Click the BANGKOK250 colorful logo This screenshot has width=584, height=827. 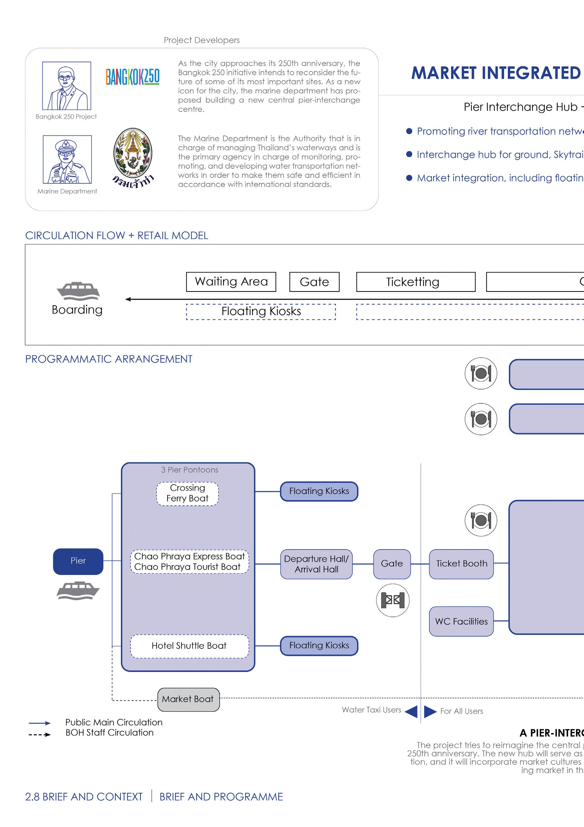point(133,77)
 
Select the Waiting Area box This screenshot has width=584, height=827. point(231,282)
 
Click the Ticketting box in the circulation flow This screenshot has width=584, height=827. point(416,282)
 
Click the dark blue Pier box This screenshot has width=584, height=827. point(78,561)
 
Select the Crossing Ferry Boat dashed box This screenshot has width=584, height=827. point(188,494)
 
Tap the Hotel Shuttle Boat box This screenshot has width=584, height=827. point(189,646)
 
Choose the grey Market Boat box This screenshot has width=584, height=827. point(188,699)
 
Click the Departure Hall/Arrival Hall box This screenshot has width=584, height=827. point(316,564)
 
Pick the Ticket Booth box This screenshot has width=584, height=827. point(461,564)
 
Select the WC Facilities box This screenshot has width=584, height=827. point(461,621)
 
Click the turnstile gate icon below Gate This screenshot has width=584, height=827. point(392,600)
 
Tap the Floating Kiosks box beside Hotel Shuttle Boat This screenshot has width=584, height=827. point(319,645)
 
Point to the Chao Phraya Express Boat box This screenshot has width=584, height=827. point(189,561)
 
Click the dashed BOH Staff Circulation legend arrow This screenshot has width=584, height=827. point(40,735)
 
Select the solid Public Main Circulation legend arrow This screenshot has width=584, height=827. point(40,723)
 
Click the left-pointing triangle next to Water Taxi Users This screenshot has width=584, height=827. point(411,711)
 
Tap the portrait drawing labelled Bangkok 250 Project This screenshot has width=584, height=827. point(67,86)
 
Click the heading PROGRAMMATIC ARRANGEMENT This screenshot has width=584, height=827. point(109,359)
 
